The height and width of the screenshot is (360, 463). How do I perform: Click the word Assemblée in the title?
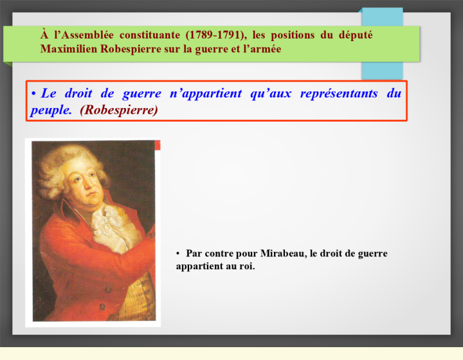pyautogui.click(x=87, y=35)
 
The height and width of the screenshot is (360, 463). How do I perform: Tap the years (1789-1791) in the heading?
pyautogui.click(x=217, y=35)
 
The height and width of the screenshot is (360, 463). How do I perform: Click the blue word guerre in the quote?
pyautogui.click(x=142, y=94)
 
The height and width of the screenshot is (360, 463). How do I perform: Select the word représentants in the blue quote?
pyautogui.click(x=339, y=94)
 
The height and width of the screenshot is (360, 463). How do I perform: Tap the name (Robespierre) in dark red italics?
pyautogui.click(x=119, y=110)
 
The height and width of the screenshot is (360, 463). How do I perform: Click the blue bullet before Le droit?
pyautogui.click(x=33, y=94)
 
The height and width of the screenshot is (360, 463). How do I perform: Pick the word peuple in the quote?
pyautogui.click(x=51, y=111)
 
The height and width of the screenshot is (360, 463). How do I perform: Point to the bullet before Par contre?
pyautogui.click(x=177, y=253)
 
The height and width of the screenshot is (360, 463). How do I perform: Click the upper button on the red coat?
pyautogui.click(x=108, y=289)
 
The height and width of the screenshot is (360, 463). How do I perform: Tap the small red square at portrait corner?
pyautogui.click(x=158, y=145)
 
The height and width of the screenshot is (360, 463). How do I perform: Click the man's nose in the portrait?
pyautogui.click(x=87, y=185)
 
